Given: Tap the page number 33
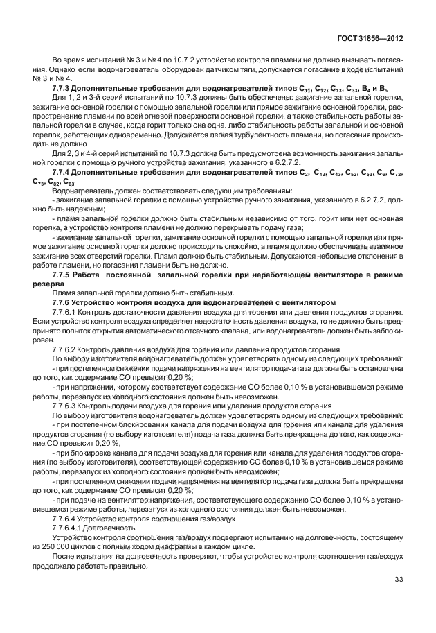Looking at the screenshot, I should click(398, 580).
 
